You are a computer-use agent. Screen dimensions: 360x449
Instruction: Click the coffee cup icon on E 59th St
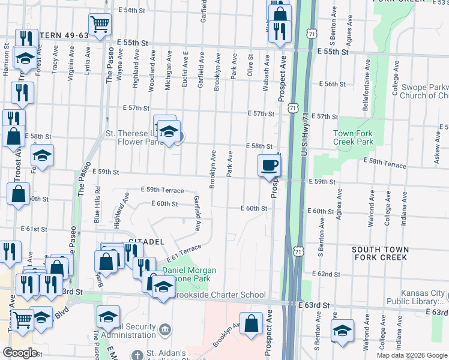(x=269, y=165)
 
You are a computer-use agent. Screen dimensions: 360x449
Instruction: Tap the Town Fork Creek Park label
(x=353, y=137)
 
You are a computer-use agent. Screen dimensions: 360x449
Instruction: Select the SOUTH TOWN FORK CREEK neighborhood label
(x=379, y=253)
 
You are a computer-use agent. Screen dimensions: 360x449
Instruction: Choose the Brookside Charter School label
(x=219, y=295)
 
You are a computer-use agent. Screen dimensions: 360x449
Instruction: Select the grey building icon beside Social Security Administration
(x=166, y=328)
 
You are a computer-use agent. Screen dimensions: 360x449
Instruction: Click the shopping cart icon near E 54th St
(x=100, y=24)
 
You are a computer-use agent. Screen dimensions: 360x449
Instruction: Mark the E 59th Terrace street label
(x=162, y=190)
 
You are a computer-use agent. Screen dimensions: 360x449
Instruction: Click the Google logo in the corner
(x=20, y=353)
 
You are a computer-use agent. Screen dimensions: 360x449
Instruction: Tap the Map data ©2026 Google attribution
(x=412, y=355)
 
